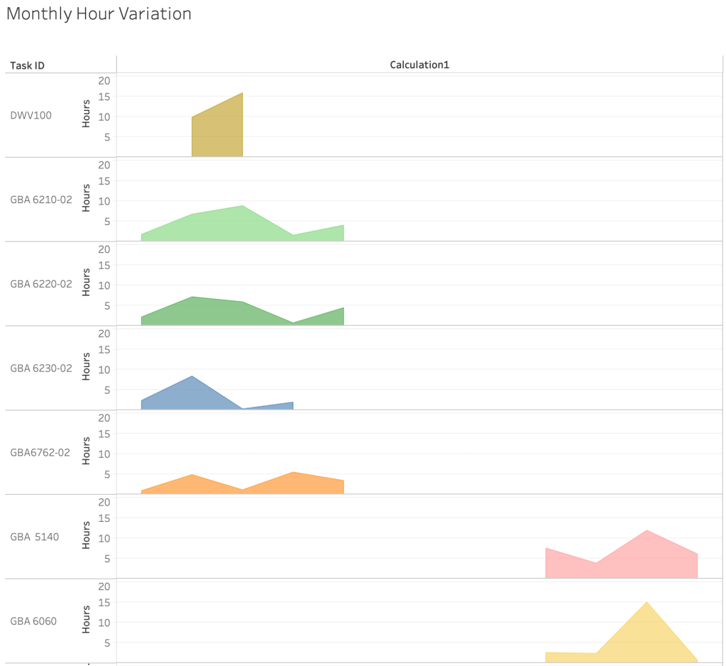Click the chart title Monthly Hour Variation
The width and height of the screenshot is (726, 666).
pyautogui.click(x=99, y=14)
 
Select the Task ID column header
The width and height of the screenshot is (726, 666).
pyautogui.click(x=28, y=65)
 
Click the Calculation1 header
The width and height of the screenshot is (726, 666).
pyautogui.click(x=419, y=65)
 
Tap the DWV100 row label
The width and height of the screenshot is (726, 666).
pyautogui.click(x=31, y=115)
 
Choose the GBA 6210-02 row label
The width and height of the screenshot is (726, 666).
pyautogui.click(x=41, y=200)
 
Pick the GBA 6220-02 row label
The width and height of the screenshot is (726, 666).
pyautogui.click(x=41, y=284)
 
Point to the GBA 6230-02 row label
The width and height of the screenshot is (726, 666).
pyautogui.click(x=41, y=369)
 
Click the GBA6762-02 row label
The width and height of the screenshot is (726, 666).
pyautogui.click(x=40, y=452)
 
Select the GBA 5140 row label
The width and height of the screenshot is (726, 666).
pyautogui.click(x=35, y=537)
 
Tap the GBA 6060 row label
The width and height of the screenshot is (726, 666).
pyautogui.click(x=33, y=621)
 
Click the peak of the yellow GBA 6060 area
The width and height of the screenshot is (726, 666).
pyautogui.click(x=647, y=603)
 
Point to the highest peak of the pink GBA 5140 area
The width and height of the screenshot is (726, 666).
pyautogui.click(x=647, y=531)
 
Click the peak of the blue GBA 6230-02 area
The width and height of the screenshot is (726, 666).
pyautogui.click(x=192, y=377)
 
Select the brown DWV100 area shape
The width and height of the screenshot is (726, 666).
pyautogui.click(x=217, y=131)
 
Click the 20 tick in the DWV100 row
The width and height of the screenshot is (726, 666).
pyautogui.click(x=104, y=80)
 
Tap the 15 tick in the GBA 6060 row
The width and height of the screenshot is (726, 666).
pyautogui.click(x=104, y=602)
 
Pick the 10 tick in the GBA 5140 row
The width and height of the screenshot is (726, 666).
pyautogui.click(x=104, y=538)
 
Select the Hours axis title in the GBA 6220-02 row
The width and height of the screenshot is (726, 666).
pyautogui.click(x=86, y=282)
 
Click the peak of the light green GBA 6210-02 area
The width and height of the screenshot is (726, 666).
pyautogui.click(x=242, y=207)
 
